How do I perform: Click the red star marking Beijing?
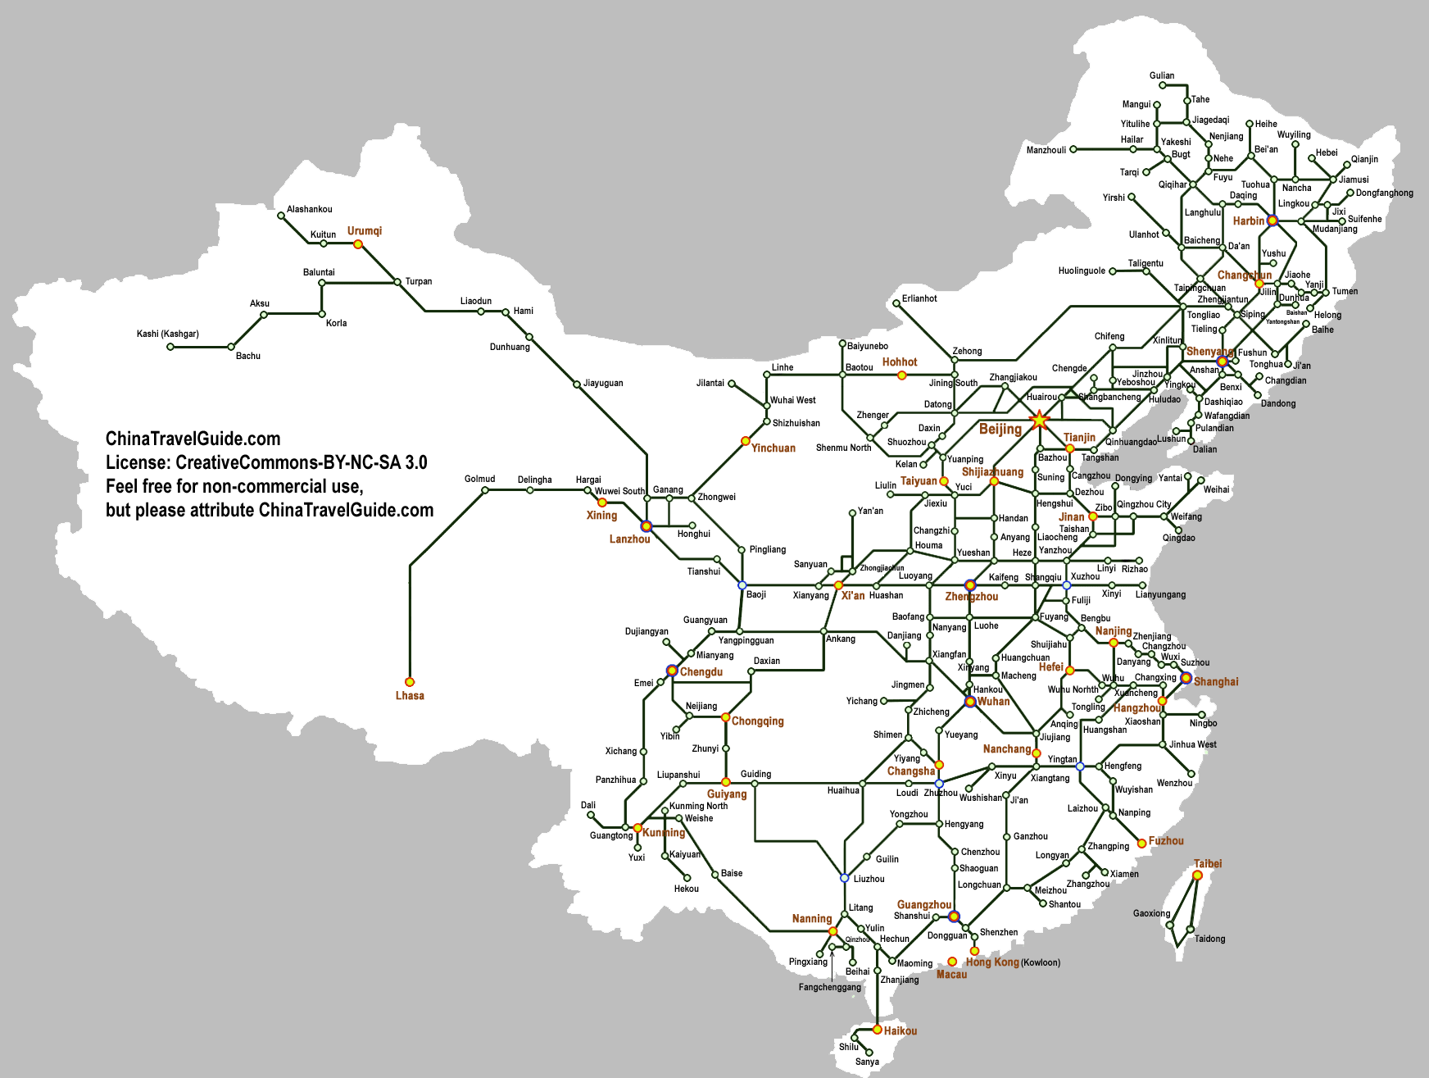pyautogui.click(x=1039, y=420)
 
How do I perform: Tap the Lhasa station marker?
pyautogui.click(x=410, y=682)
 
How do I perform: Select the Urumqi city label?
pyautogui.click(x=365, y=231)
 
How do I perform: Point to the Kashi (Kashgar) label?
pyautogui.click(x=168, y=334)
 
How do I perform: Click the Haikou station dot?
pyautogui.click(x=878, y=1030)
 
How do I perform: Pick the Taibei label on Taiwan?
pyautogui.click(x=1208, y=864)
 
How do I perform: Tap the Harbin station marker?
pyautogui.click(x=1272, y=221)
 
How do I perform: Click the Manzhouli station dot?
pyautogui.click(x=1073, y=150)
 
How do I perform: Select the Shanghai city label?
pyautogui.click(x=1216, y=682)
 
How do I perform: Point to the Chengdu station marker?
pyautogui.click(x=672, y=671)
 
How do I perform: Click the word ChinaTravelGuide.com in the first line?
pyautogui.click(x=193, y=439)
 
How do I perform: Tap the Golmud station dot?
pyautogui.click(x=485, y=490)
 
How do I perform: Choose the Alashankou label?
pyautogui.click(x=310, y=210)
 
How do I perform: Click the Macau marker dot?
pyautogui.click(x=952, y=962)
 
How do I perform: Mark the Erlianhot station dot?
pyautogui.click(x=896, y=303)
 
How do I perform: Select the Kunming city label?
pyautogui.click(x=664, y=833)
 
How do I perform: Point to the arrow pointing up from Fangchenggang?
pyautogui.click(x=832, y=963)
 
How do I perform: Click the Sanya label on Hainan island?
pyautogui.click(x=867, y=1062)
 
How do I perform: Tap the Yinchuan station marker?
pyautogui.click(x=746, y=441)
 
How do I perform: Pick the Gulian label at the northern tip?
pyautogui.click(x=1162, y=75)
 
